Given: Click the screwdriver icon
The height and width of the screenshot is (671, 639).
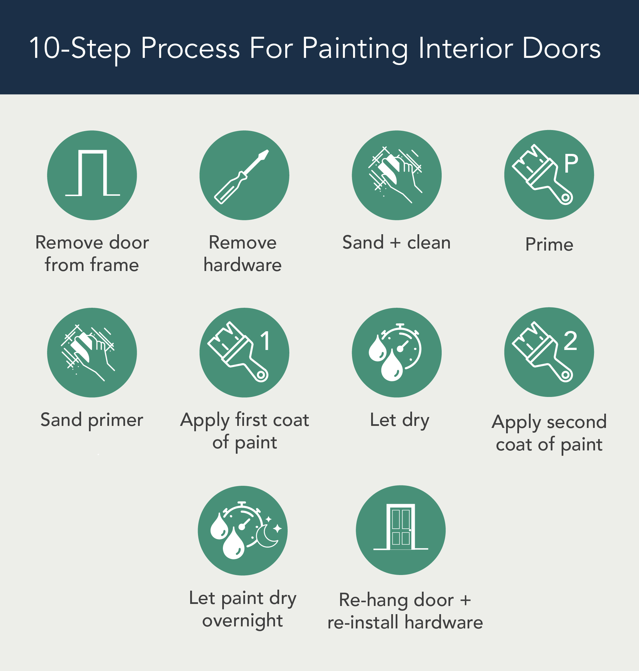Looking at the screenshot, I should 242,176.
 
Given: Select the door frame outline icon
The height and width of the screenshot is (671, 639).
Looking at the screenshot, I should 92,173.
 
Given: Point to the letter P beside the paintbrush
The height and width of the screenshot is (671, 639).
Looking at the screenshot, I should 571,163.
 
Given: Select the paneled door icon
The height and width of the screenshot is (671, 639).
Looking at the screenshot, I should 401,527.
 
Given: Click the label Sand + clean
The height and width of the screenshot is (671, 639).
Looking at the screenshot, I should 396,243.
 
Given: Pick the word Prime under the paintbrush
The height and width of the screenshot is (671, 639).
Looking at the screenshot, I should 549,244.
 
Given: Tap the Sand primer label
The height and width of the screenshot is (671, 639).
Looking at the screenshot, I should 92,420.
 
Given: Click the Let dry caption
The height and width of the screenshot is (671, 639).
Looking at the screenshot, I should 399,420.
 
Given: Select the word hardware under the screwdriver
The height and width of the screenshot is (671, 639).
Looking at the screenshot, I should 242,265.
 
